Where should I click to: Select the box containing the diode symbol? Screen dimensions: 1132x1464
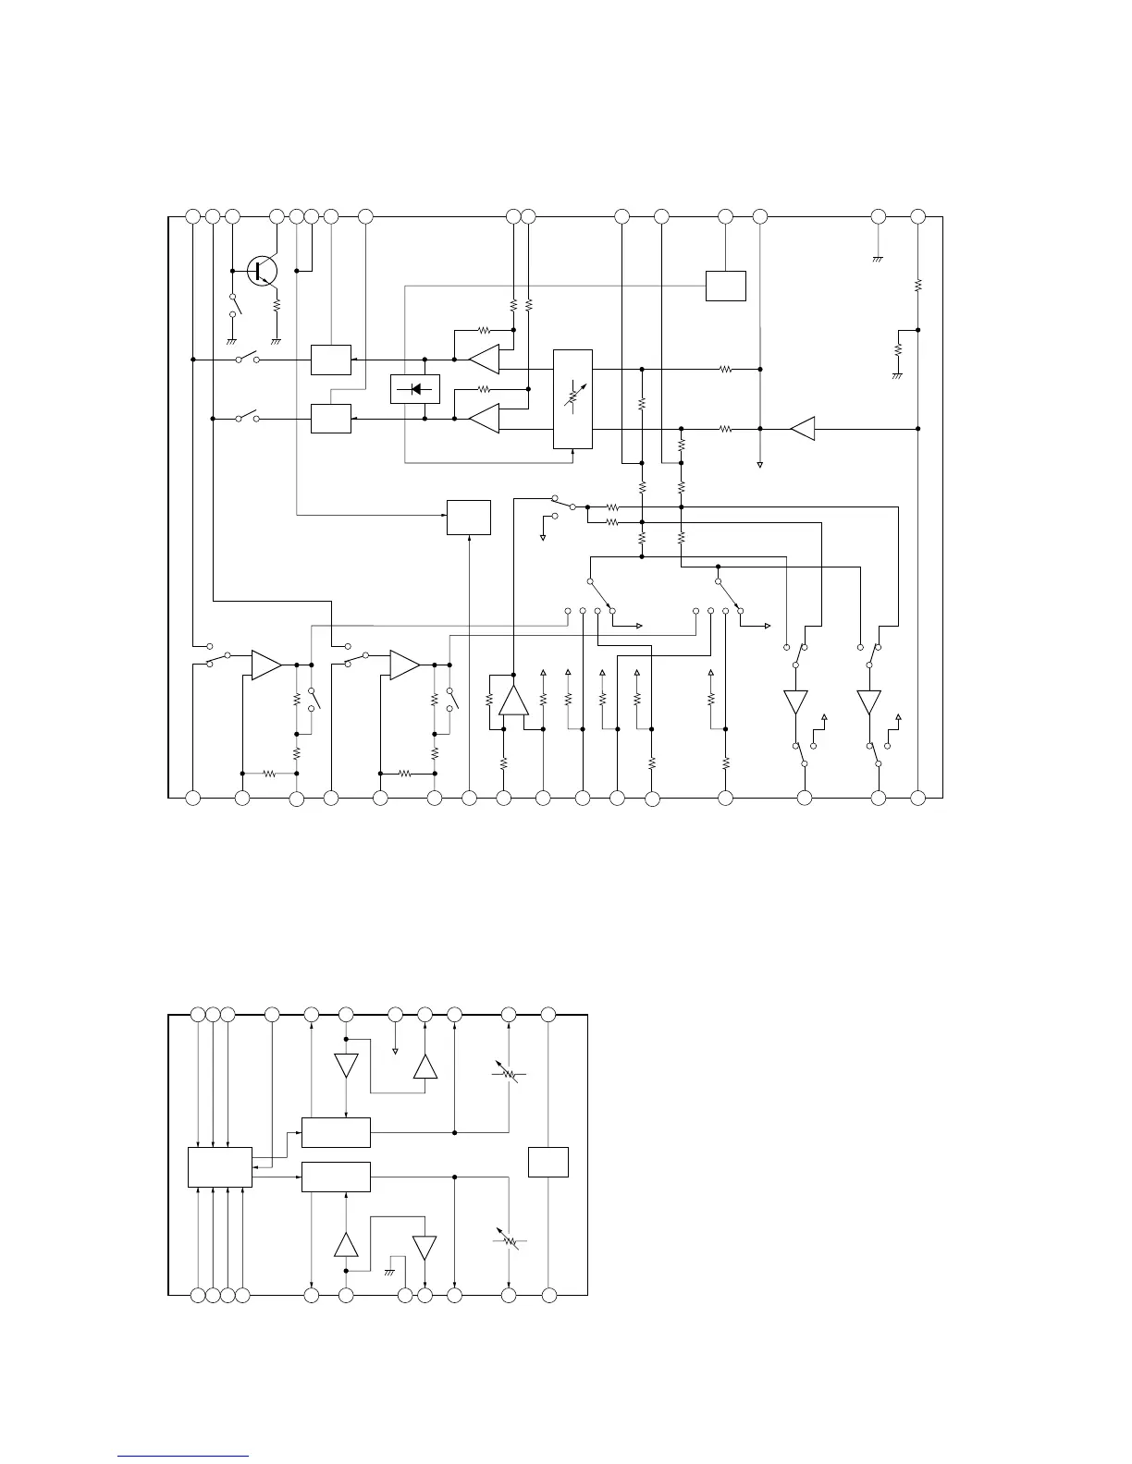click(415, 389)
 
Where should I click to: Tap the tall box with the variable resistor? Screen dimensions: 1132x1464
click(572, 399)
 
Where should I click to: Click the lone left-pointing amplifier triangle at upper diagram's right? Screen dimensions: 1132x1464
click(803, 429)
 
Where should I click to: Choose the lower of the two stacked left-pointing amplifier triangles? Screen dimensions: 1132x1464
click(484, 419)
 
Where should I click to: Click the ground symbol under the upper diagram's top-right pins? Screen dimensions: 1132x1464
click(878, 259)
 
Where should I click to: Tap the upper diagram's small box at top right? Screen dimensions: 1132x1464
click(726, 286)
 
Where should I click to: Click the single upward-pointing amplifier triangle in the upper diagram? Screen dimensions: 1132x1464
click(513, 701)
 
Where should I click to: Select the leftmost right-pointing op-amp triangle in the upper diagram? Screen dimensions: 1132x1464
click(266, 665)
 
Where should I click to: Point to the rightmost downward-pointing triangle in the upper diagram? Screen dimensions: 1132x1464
click(868, 702)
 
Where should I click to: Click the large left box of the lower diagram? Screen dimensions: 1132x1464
click(220, 1167)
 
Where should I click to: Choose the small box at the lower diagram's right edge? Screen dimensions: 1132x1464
click(548, 1162)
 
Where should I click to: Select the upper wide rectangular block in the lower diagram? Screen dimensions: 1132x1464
click(337, 1132)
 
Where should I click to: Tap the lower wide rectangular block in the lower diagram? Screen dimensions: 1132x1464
click(337, 1177)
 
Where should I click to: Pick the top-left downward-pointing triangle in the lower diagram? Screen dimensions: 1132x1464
click(346, 1066)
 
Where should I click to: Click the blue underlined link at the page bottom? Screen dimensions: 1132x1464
click(184, 1457)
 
